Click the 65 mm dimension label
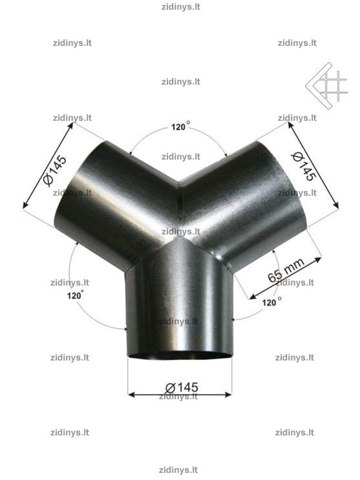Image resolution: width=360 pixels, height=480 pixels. (286, 270)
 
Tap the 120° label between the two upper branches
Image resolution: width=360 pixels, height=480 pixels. (180, 125)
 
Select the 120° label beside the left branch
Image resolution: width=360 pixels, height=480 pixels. (75, 295)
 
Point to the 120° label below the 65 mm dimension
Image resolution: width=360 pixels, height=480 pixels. (271, 302)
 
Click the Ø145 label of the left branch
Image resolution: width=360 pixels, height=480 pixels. (55, 171)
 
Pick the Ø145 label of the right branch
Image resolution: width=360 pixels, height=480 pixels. (304, 166)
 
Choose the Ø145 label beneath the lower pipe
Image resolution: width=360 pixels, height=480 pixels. (182, 388)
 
